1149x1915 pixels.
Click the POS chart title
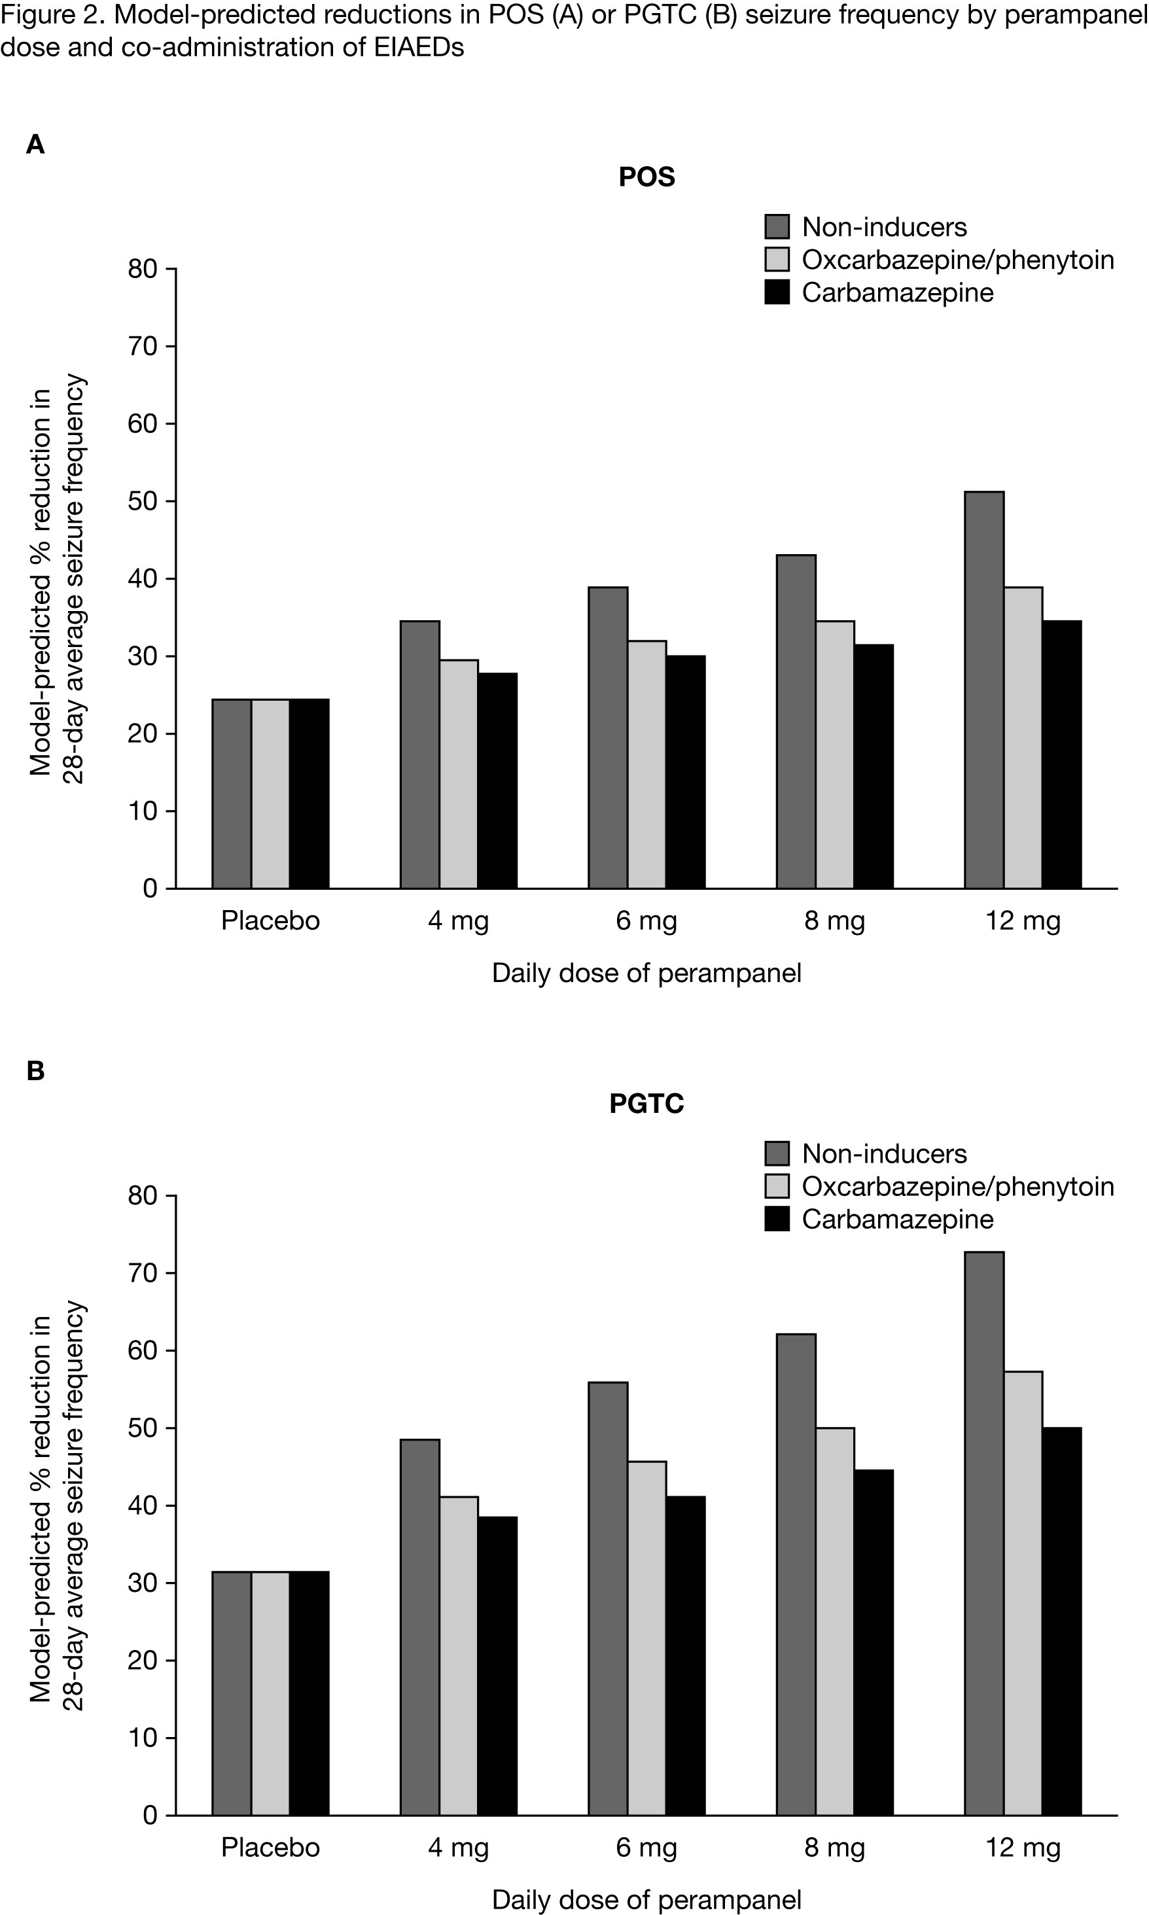click(x=646, y=177)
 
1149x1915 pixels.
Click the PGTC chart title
click(x=646, y=1103)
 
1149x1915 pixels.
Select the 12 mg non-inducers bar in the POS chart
click(x=984, y=689)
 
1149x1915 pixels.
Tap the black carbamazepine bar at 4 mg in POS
click(x=497, y=781)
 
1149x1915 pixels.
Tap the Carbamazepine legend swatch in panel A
click(x=777, y=292)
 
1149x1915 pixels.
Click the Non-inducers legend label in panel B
click(x=884, y=1153)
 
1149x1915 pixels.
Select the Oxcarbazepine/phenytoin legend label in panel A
click(x=958, y=260)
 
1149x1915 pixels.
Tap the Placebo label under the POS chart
click(x=270, y=921)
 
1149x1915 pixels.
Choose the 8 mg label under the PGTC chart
click(x=835, y=1848)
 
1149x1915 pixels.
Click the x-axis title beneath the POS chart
click(x=646, y=973)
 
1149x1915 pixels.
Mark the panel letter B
click(x=35, y=1071)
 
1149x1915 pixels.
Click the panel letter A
click(x=35, y=145)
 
